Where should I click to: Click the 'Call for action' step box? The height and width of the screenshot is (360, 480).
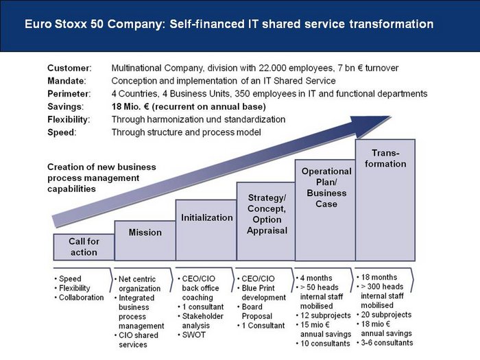[84, 247]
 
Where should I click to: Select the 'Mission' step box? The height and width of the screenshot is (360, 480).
[145, 241]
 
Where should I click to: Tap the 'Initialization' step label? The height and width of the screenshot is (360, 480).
[207, 217]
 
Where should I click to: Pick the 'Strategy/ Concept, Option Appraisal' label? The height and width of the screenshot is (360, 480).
[267, 214]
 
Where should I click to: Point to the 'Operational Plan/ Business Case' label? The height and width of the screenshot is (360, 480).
[326, 188]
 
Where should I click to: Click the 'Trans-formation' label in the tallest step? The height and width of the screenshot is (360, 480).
[385, 158]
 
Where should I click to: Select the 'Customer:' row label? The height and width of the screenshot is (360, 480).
[69, 68]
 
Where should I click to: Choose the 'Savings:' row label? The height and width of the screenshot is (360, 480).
[66, 106]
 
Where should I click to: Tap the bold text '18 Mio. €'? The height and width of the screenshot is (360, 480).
[131, 106]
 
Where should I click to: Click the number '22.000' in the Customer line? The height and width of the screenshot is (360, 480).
[272, 68]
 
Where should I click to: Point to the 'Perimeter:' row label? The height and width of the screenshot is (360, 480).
[69, 94]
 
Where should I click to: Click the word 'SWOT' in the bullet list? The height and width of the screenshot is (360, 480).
[194, 335]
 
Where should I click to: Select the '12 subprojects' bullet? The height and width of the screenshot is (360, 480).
[324, 315]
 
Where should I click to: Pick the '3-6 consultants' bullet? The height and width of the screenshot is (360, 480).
[385, 343]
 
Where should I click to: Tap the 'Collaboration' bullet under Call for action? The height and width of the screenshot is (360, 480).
[80, 298]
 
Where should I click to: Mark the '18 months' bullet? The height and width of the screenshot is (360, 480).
[377, 277]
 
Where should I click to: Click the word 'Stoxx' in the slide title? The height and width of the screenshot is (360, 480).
[71, 24]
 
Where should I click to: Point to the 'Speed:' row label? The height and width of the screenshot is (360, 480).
[62, 132]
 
